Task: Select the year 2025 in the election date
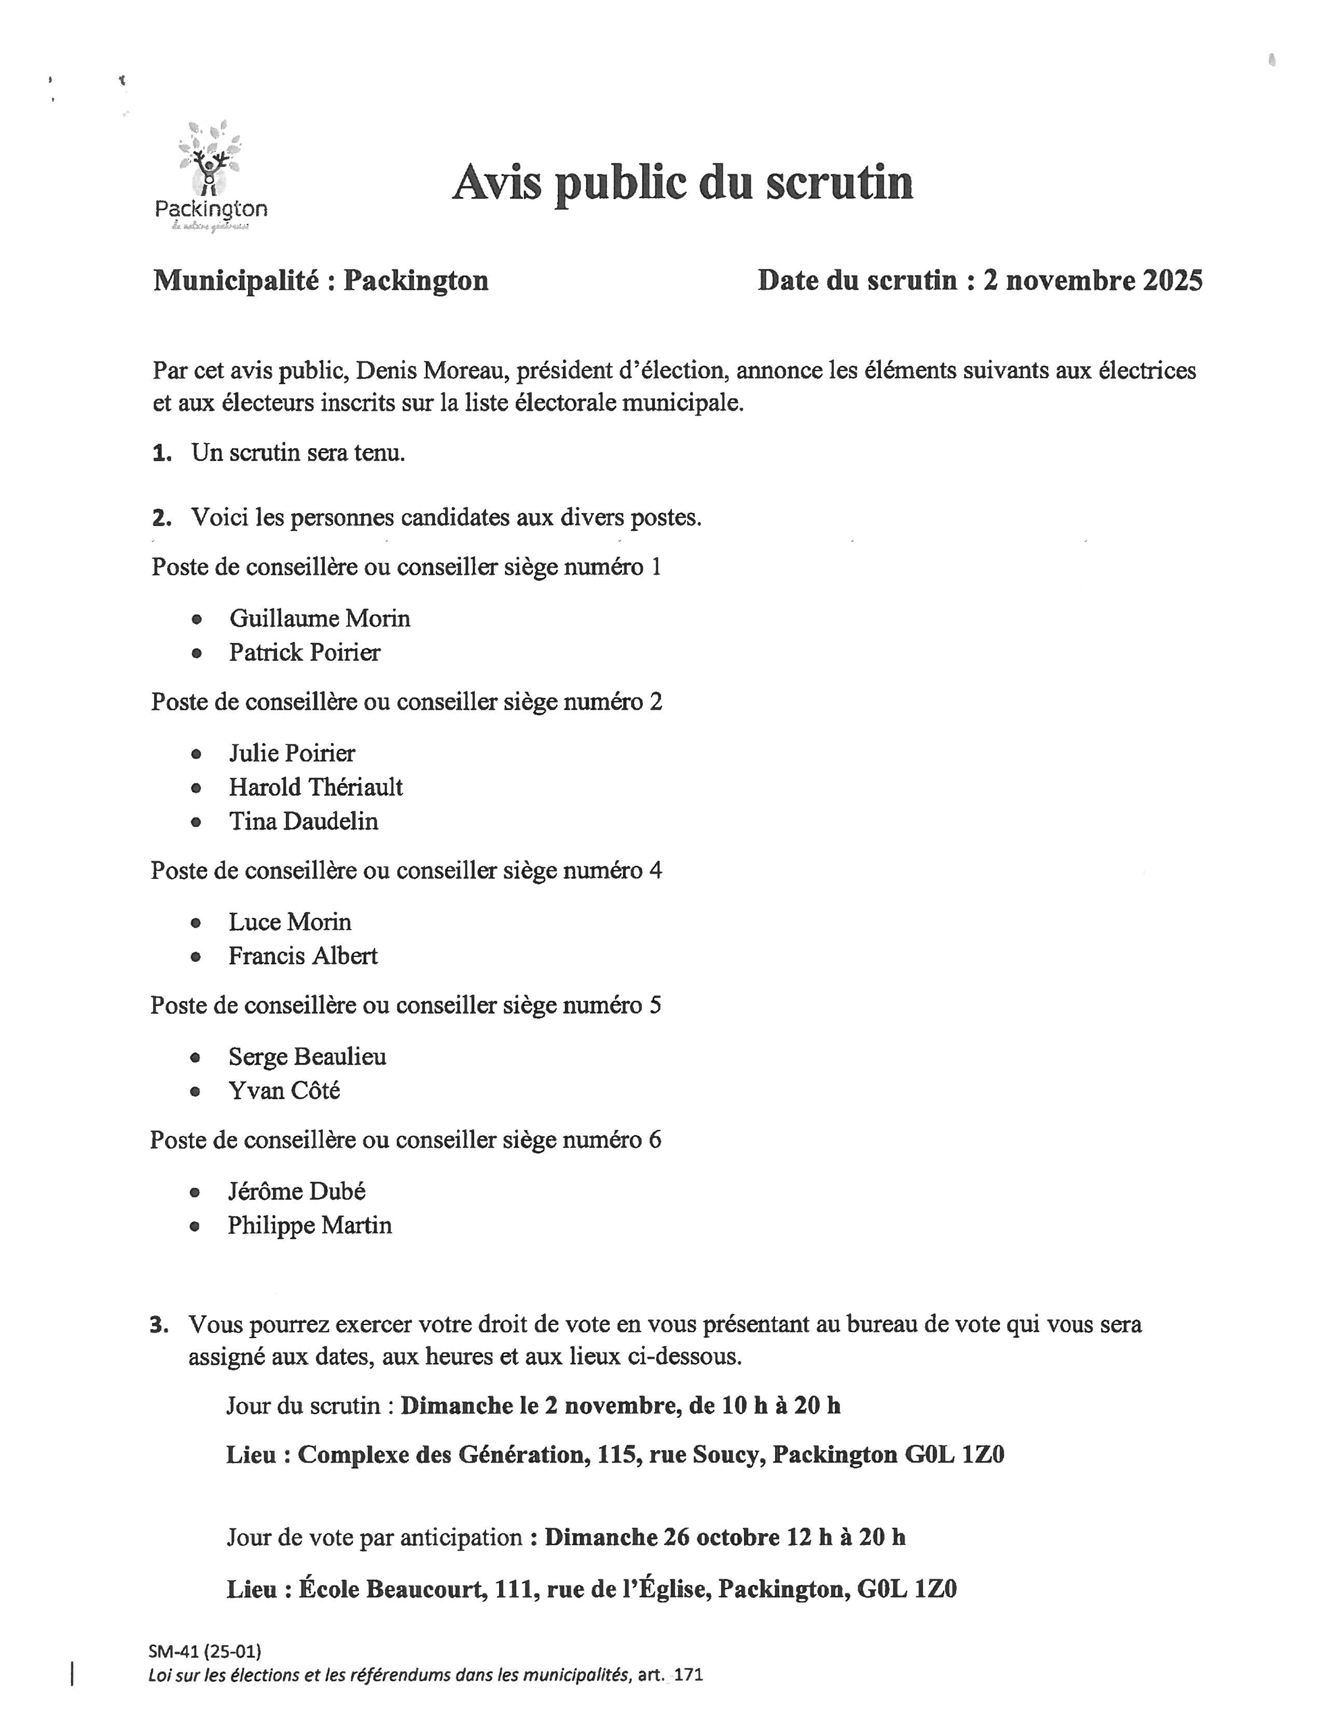[1171, 281]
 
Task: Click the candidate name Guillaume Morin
[319, 618]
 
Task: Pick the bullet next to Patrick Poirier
[196, 653]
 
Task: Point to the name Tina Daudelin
[304, 822]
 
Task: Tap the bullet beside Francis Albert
[196, 956]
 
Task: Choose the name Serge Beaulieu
[307, 1057]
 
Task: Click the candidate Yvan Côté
[284, 1091]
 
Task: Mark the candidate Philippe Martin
[310, 1225]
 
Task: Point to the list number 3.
[159, 1326]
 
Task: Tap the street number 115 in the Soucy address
[617, 1455]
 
